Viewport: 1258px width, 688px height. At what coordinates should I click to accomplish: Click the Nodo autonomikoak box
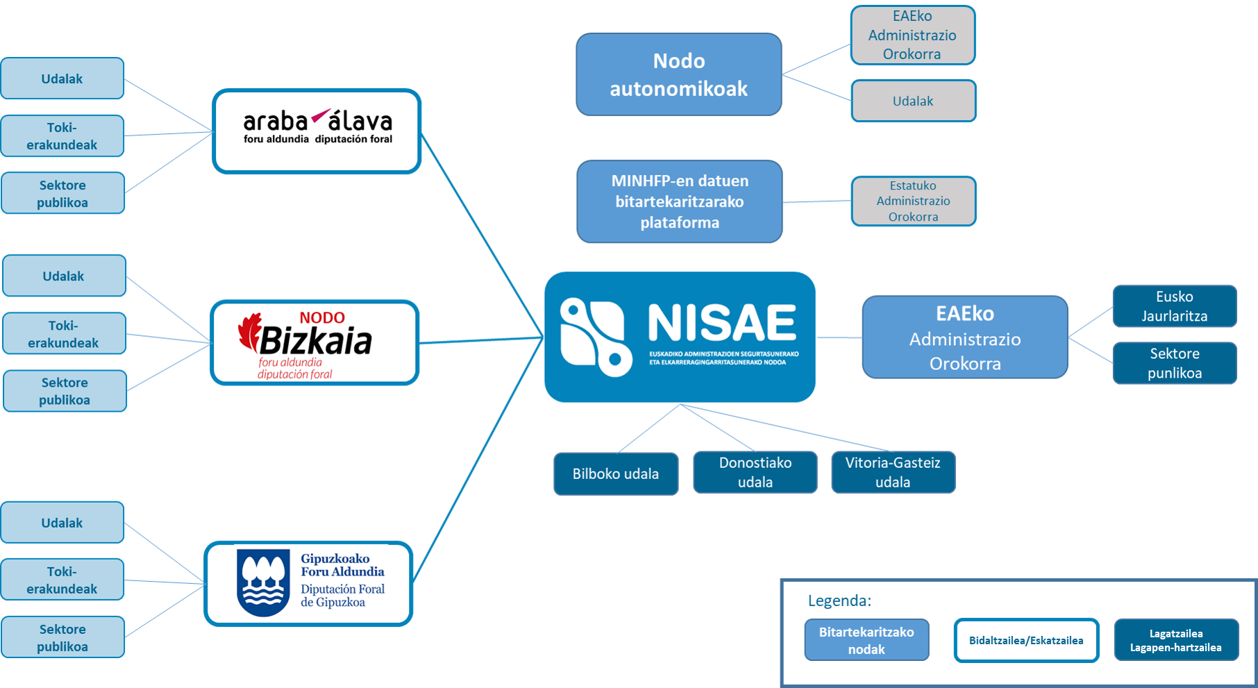pos(678,74)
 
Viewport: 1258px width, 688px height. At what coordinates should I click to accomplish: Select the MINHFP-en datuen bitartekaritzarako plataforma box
pos(679,201)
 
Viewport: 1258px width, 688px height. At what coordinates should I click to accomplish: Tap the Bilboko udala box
pos(615,473)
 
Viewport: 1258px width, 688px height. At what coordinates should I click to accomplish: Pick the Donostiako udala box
pos(755,472)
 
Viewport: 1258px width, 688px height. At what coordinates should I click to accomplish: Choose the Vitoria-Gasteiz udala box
pos(892,472)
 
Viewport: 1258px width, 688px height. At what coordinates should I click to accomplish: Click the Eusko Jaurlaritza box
pos(1174,306)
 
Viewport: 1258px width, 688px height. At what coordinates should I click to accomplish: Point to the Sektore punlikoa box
pos(1174,363)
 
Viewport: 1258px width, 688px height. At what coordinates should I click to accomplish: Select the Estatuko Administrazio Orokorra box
pos(913,201)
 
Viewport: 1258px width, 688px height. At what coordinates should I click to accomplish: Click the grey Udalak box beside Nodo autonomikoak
pos(913,101)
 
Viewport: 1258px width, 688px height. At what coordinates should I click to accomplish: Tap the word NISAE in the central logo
pos(722,324)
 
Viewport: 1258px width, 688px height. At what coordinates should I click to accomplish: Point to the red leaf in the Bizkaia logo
pos(249,331)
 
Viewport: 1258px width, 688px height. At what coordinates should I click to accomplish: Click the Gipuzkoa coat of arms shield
pos(263,582)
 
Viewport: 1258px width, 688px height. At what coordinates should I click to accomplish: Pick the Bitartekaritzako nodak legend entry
pos(866,640)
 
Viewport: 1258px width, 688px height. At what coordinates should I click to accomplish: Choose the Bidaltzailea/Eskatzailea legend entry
pos(1025,640)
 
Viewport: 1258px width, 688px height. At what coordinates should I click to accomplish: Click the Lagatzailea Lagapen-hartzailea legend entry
pos(1175,640)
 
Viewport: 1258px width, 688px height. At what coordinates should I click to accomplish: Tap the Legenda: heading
pos(839,601)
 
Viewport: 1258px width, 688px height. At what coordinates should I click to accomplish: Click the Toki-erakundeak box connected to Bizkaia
pos(64,334)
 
